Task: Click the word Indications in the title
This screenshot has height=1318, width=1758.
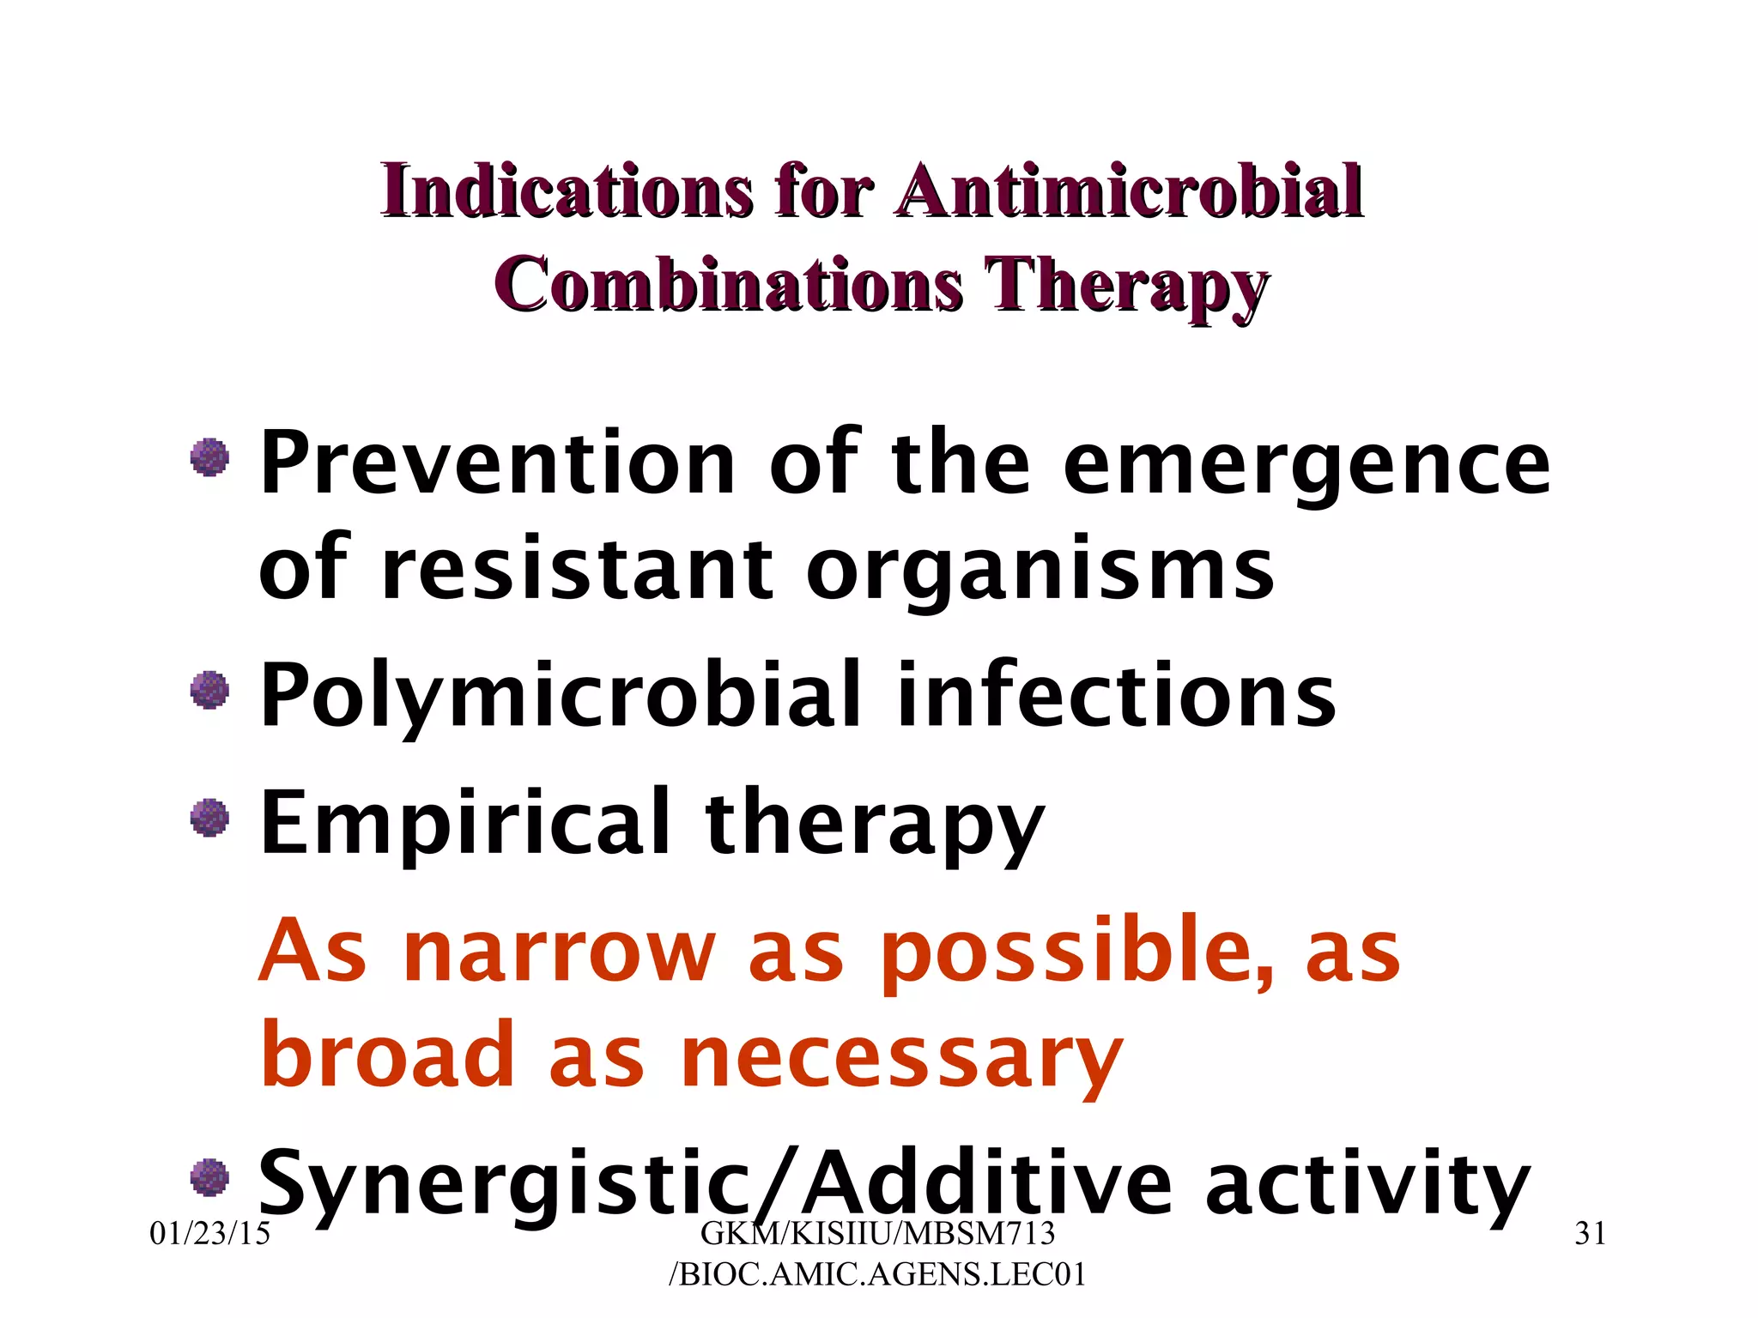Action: [x=567, y=190]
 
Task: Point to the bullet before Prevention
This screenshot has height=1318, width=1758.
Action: [x=209, y=456]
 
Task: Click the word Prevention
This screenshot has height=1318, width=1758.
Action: [x=497, y=463]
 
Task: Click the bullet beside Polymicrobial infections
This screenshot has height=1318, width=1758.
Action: [x=209, y=690]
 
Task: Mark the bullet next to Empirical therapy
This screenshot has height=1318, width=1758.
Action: [x=209, y=817]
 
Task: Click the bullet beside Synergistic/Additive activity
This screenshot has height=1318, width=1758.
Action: [x=209, y=1176]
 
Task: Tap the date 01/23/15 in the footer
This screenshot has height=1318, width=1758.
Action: [x=209, y=1234]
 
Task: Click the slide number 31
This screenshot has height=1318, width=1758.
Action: [x=1590, y=1234]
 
